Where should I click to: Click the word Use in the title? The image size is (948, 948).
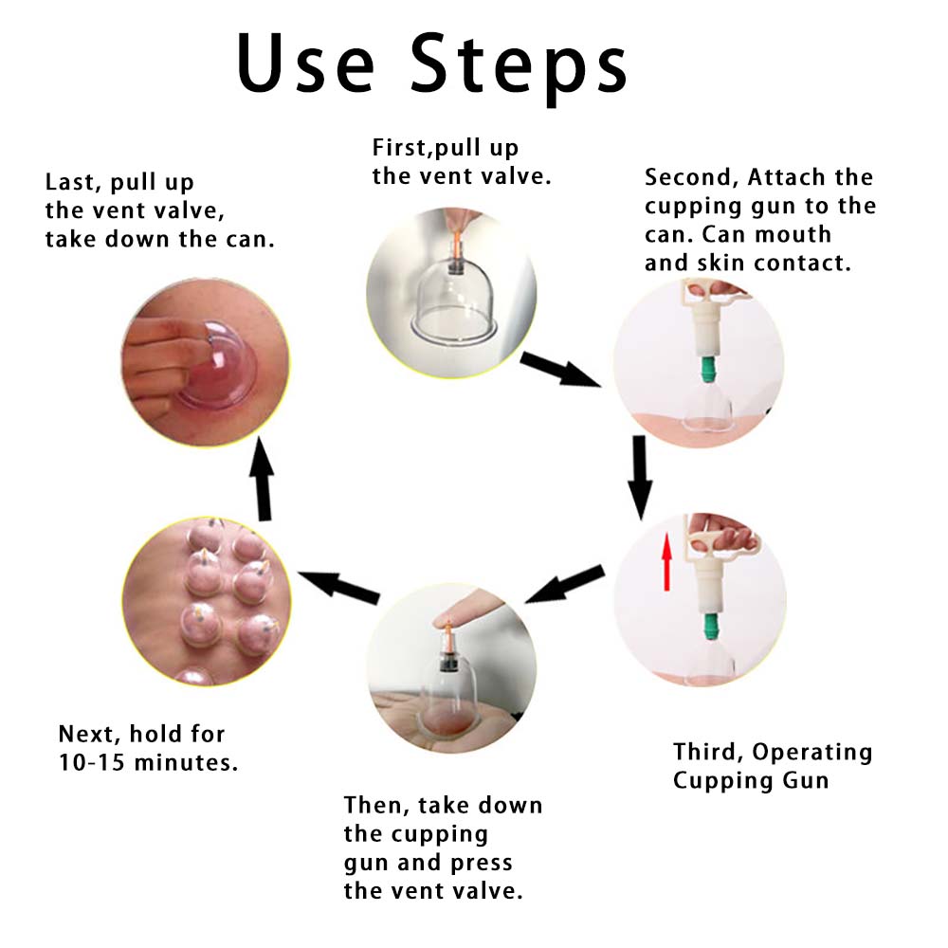coord(305,63)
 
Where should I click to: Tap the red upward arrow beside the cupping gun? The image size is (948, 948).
coord(666,561)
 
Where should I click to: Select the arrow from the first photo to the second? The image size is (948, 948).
coord(560,368)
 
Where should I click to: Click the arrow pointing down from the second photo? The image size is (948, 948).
coord(640,477)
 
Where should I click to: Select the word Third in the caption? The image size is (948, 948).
coord(705,752)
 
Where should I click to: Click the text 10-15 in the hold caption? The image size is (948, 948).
coord(91,762)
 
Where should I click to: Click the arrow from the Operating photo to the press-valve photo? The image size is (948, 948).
coord(565,585)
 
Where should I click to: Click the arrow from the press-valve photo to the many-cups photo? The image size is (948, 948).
coord(338,587)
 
